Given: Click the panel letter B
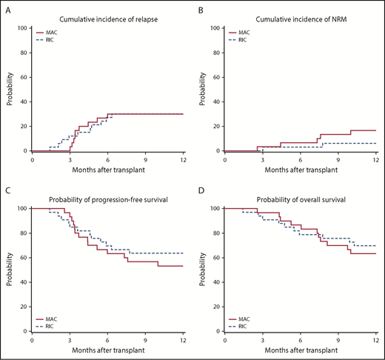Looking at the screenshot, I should tap(202, 11).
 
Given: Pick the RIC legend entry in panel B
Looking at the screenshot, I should tap(249, 41).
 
